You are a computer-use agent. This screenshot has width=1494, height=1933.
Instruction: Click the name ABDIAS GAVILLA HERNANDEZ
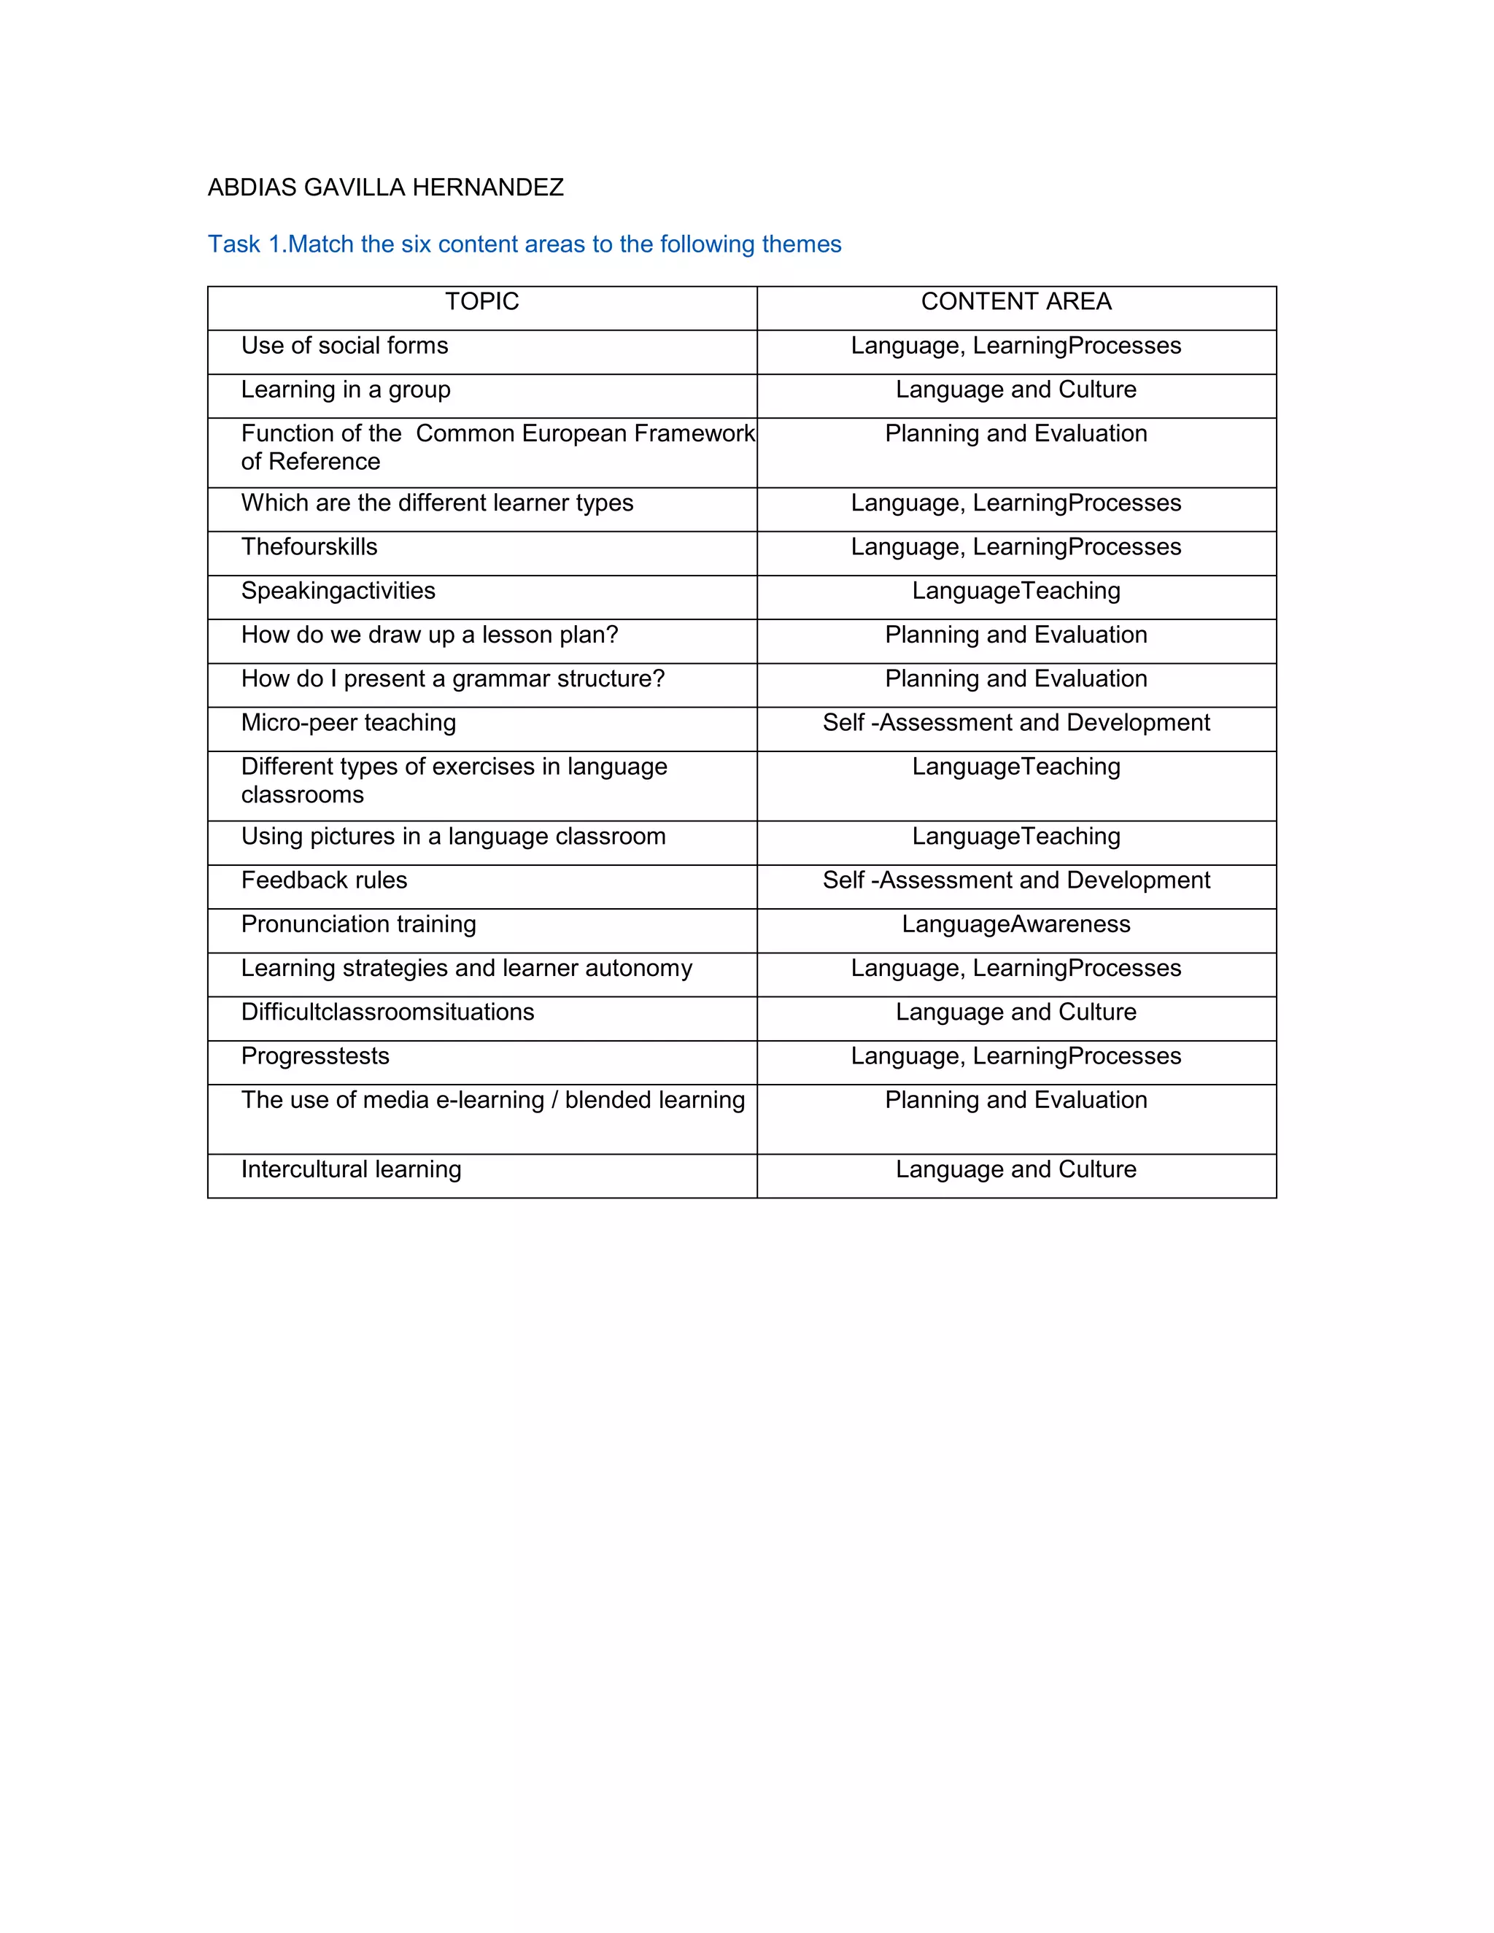(x=385, y=187)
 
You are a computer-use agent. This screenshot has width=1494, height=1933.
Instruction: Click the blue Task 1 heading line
(x=524, y=244)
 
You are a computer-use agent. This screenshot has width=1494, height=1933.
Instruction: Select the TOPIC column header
(x=481, y=302)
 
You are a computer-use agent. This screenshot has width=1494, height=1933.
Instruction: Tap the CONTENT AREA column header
(x=1016, y=302)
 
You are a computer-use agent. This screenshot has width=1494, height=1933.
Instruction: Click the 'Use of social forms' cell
(x=344, y=346)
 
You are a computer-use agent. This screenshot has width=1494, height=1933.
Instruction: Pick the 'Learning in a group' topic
(x=345, y=390)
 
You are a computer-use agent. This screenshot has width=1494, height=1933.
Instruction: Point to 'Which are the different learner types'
(x=437, y=503)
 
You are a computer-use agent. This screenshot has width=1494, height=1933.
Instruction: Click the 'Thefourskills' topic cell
(x=309, y=547)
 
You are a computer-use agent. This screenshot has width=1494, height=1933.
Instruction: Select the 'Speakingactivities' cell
(x=338, y=592)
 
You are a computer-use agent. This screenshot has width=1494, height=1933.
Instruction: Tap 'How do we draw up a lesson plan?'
(x=429, y=635)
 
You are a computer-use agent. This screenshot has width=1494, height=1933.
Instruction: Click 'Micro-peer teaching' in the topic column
(x=349, y=723)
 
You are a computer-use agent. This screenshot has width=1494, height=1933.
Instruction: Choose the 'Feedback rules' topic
(x=324, y=880)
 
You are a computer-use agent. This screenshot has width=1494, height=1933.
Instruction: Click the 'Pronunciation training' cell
(x=358, y=925)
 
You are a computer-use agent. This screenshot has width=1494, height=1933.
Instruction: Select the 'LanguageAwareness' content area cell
(x=1016, y=925)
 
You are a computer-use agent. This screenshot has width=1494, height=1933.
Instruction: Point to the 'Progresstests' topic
(x=315, y=1057)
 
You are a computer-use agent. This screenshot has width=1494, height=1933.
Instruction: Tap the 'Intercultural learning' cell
(x=352, y=1170)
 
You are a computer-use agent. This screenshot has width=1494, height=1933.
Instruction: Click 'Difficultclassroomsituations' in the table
(x=387, y=1012)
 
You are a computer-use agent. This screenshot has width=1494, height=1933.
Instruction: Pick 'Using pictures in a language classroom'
(x=453, y=837)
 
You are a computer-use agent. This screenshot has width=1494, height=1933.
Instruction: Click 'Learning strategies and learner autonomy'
(x=466, y=968)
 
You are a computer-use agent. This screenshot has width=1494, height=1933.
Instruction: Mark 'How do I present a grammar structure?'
(x=452, y=679)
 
